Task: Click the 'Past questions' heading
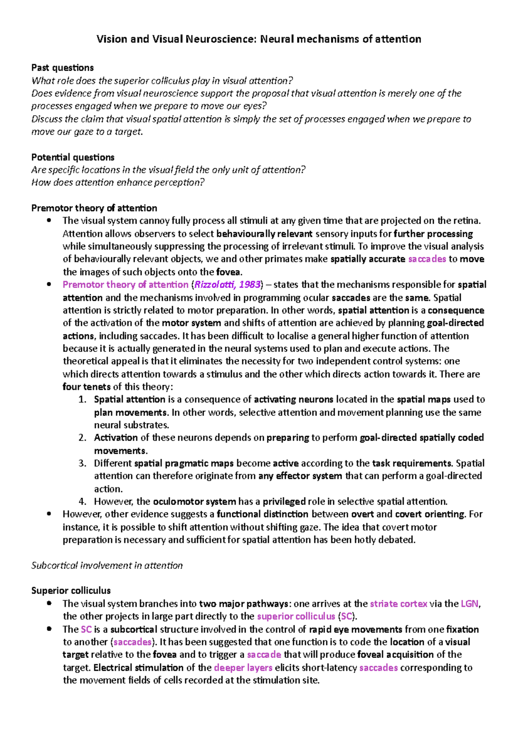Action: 63,68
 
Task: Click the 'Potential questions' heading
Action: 73,157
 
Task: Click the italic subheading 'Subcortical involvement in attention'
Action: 107,566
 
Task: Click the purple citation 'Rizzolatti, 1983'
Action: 227,285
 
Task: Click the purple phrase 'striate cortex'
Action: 398,603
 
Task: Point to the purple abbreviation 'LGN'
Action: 470,603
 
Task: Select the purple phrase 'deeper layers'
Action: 243,668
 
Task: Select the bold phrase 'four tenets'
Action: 86,387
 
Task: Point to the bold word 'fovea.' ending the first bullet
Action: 229,272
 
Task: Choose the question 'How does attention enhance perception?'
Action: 118,183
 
